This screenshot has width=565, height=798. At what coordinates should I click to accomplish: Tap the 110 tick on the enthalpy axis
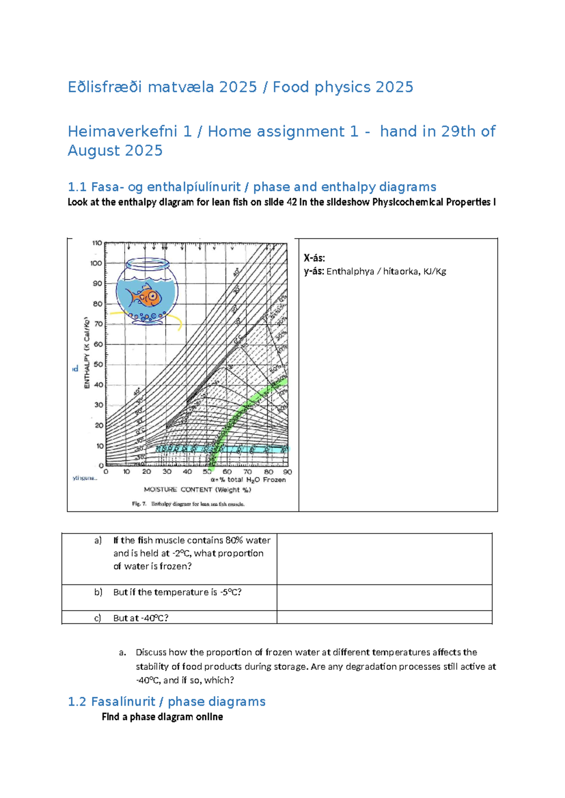pos(97,243)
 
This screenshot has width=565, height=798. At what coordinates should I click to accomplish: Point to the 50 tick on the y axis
pos(98,364)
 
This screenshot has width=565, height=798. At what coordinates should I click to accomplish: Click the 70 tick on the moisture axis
pos(248,471)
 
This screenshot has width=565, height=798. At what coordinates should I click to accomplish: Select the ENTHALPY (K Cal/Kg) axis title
pos(87,353)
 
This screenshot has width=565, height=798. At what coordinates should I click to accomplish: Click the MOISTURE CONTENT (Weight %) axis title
pos(197,489)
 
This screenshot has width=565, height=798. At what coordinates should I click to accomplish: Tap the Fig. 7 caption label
pos(139,504)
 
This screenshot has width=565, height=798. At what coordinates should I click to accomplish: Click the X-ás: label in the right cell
pos(315,258)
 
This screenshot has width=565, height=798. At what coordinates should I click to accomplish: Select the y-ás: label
pos(314,271)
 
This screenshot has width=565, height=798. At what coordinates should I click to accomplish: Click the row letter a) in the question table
pos(98,540)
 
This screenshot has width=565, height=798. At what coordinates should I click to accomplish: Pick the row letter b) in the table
pos(98,592)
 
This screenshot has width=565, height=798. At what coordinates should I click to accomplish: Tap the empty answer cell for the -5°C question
pos(384,598)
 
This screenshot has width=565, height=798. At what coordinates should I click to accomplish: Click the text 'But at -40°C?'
pos(141,618)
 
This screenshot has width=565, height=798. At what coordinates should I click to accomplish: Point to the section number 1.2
pos(77,702)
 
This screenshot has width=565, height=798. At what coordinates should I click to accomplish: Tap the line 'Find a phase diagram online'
pos(162,717)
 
